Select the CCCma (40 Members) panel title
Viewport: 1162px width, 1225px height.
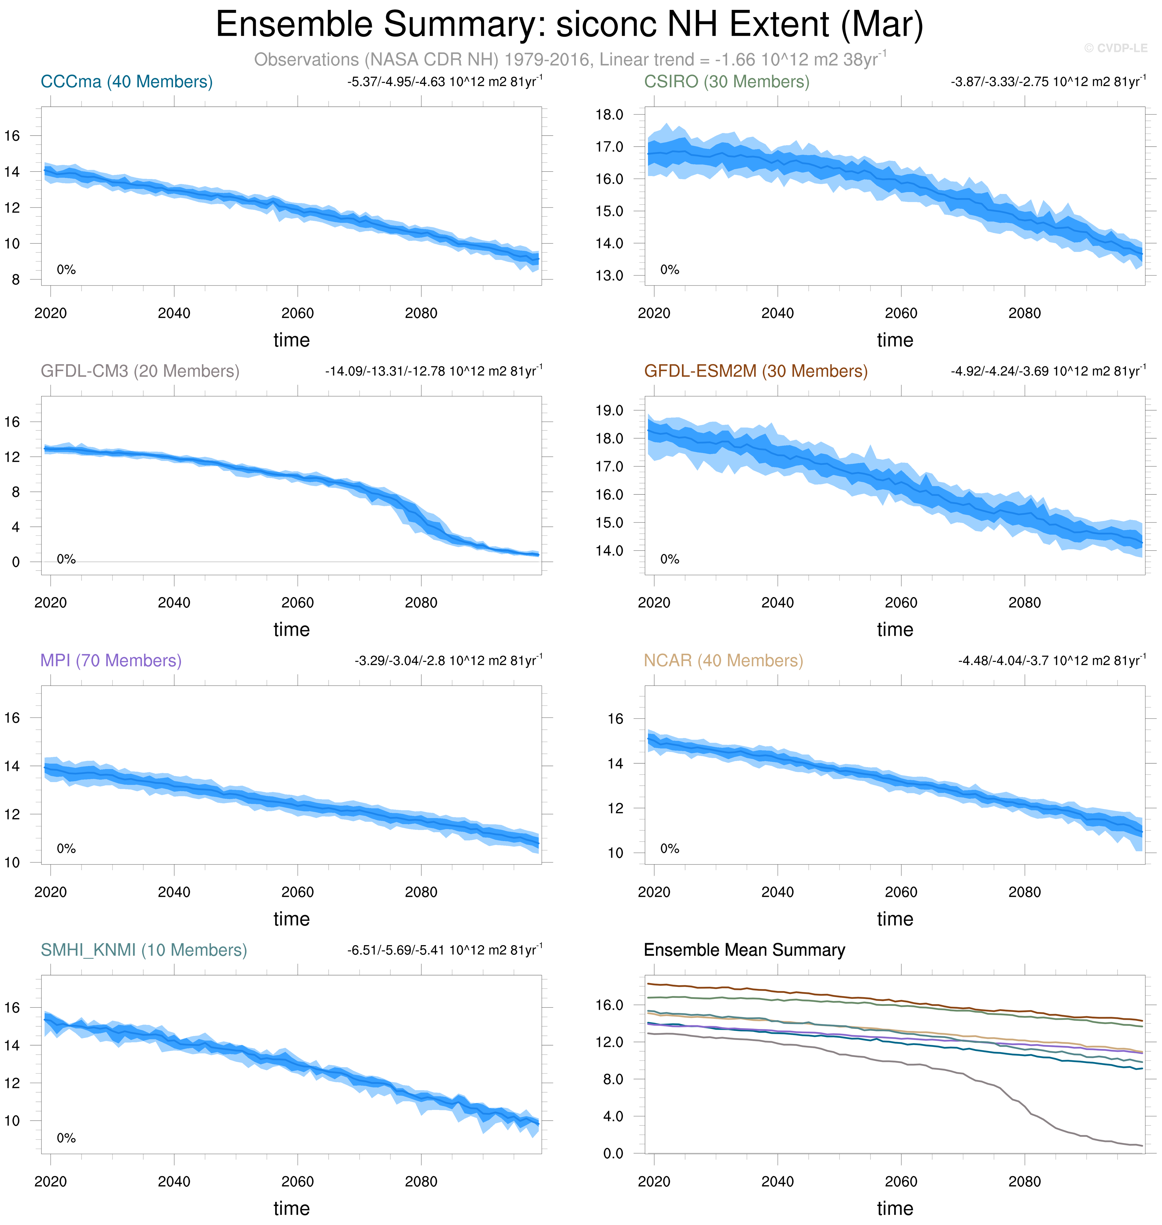point(126,82)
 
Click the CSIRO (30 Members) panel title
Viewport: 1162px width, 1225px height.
point(727,82)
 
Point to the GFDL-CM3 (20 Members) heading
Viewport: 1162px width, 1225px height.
point(140,371)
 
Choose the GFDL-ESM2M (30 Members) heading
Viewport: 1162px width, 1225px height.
point(756,371)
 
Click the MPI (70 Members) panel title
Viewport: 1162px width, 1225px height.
point(111,661)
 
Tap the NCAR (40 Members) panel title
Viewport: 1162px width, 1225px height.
point(723,661)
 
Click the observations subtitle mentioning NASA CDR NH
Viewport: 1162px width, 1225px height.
point(570,60)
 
